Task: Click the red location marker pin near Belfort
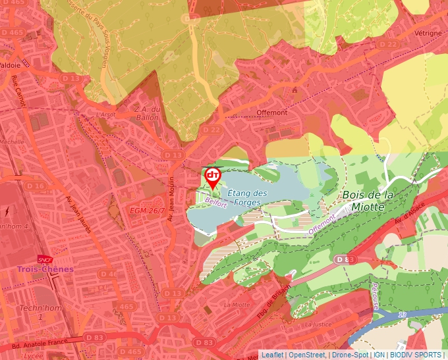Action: [212, 176]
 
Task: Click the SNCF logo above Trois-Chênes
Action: [45, 259]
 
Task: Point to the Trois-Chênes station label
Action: [45, 269]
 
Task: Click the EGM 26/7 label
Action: [147, 210]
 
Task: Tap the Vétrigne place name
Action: [428, 32]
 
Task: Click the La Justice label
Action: [317, 324]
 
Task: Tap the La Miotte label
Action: [237, 305]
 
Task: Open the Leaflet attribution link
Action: [272, 355]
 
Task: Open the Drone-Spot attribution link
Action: [350, 355]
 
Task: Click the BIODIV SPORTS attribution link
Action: [415, 355]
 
